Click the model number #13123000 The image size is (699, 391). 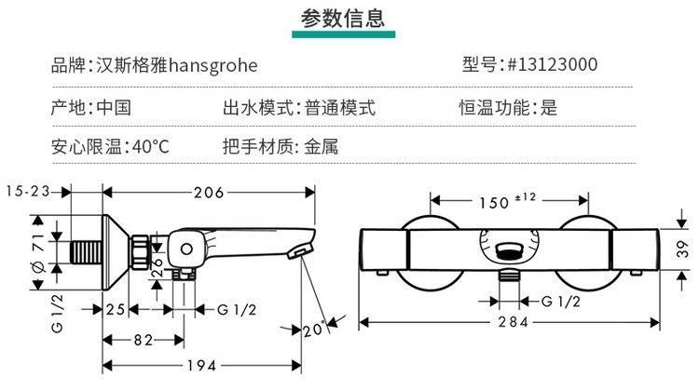pyautogui.click(x=552, y=65)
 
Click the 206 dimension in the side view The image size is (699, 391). pyautogui.click(x=208, y=193)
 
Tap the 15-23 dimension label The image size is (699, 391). pyautogui.click(x=28, y=192)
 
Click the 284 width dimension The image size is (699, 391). pyautogui.click(x=512, y=322)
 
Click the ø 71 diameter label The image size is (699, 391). pyautogui.click(x=37, y=251)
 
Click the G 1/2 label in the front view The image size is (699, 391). pyautogui.click(x=561, y=300)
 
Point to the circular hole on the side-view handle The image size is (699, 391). pyautogui.click(x=185, y=249)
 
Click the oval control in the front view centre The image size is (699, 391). pyautogui.click(x=508, y=249)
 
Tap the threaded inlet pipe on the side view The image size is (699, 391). pyautogui.click(x=89, y=251)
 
